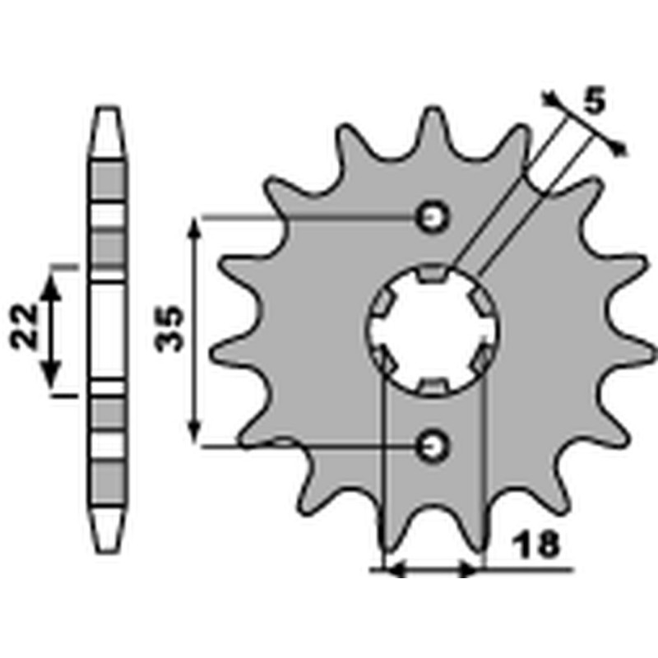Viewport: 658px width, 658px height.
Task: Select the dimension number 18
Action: [538, 544]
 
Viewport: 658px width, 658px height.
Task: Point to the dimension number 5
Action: [595, 100]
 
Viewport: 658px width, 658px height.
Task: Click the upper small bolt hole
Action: [433, 217]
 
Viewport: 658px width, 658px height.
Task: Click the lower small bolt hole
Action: [433, 446]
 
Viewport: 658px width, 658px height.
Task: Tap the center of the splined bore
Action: [433, 331]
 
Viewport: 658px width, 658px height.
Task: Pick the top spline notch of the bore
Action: [433, 273]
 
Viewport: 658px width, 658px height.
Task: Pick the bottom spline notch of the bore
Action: [433, 387]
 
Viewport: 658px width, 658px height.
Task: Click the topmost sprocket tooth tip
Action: [433, 110]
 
